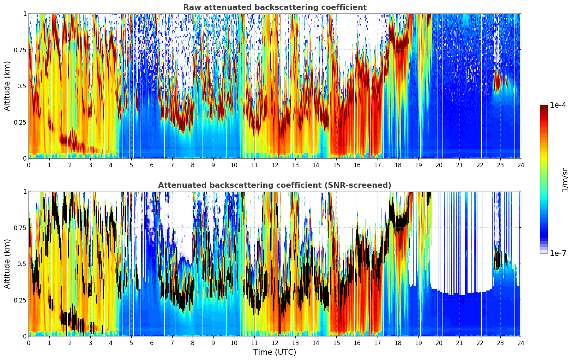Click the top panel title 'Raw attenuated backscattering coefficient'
pos(275,7)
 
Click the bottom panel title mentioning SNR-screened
pos(275,185)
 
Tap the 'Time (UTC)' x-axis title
pos(275,352)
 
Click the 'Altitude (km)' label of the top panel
pos(7,86)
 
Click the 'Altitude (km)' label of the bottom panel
pos(7,264)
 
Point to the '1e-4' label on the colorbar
pos(558,105)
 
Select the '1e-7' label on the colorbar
pos(558,253)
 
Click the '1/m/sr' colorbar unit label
pos(564,180)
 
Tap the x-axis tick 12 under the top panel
pos(275,165)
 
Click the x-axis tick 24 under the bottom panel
pos(520,343)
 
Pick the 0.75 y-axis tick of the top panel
pos(19,50)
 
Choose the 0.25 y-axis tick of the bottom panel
pos(19,300)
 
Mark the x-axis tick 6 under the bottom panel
pos(152,343)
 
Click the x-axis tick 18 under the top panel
pos(398,165)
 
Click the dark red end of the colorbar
pos(543,107)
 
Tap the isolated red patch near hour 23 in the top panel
pos(497,82)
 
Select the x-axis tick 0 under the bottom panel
pos(29,343)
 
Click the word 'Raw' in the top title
pos(191,7)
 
